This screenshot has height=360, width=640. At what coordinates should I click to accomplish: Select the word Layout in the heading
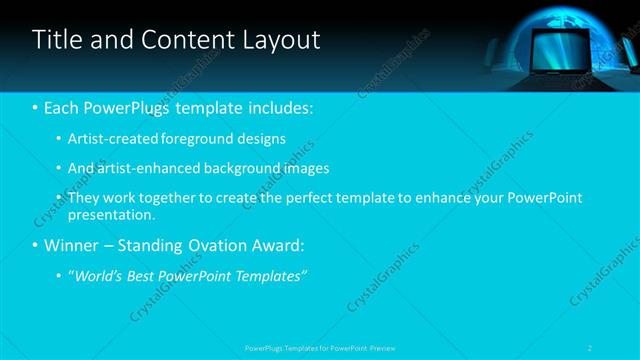click(281, 40)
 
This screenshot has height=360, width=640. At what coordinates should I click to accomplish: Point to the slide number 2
click(591, 348)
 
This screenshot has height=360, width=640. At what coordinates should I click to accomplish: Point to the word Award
click(280, 245)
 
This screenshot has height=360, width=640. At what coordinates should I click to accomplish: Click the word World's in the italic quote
click(97, 275)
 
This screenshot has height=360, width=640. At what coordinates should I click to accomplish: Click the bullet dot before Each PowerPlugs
click(36, 107)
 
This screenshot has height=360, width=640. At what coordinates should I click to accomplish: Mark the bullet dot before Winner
click(36, 245)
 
